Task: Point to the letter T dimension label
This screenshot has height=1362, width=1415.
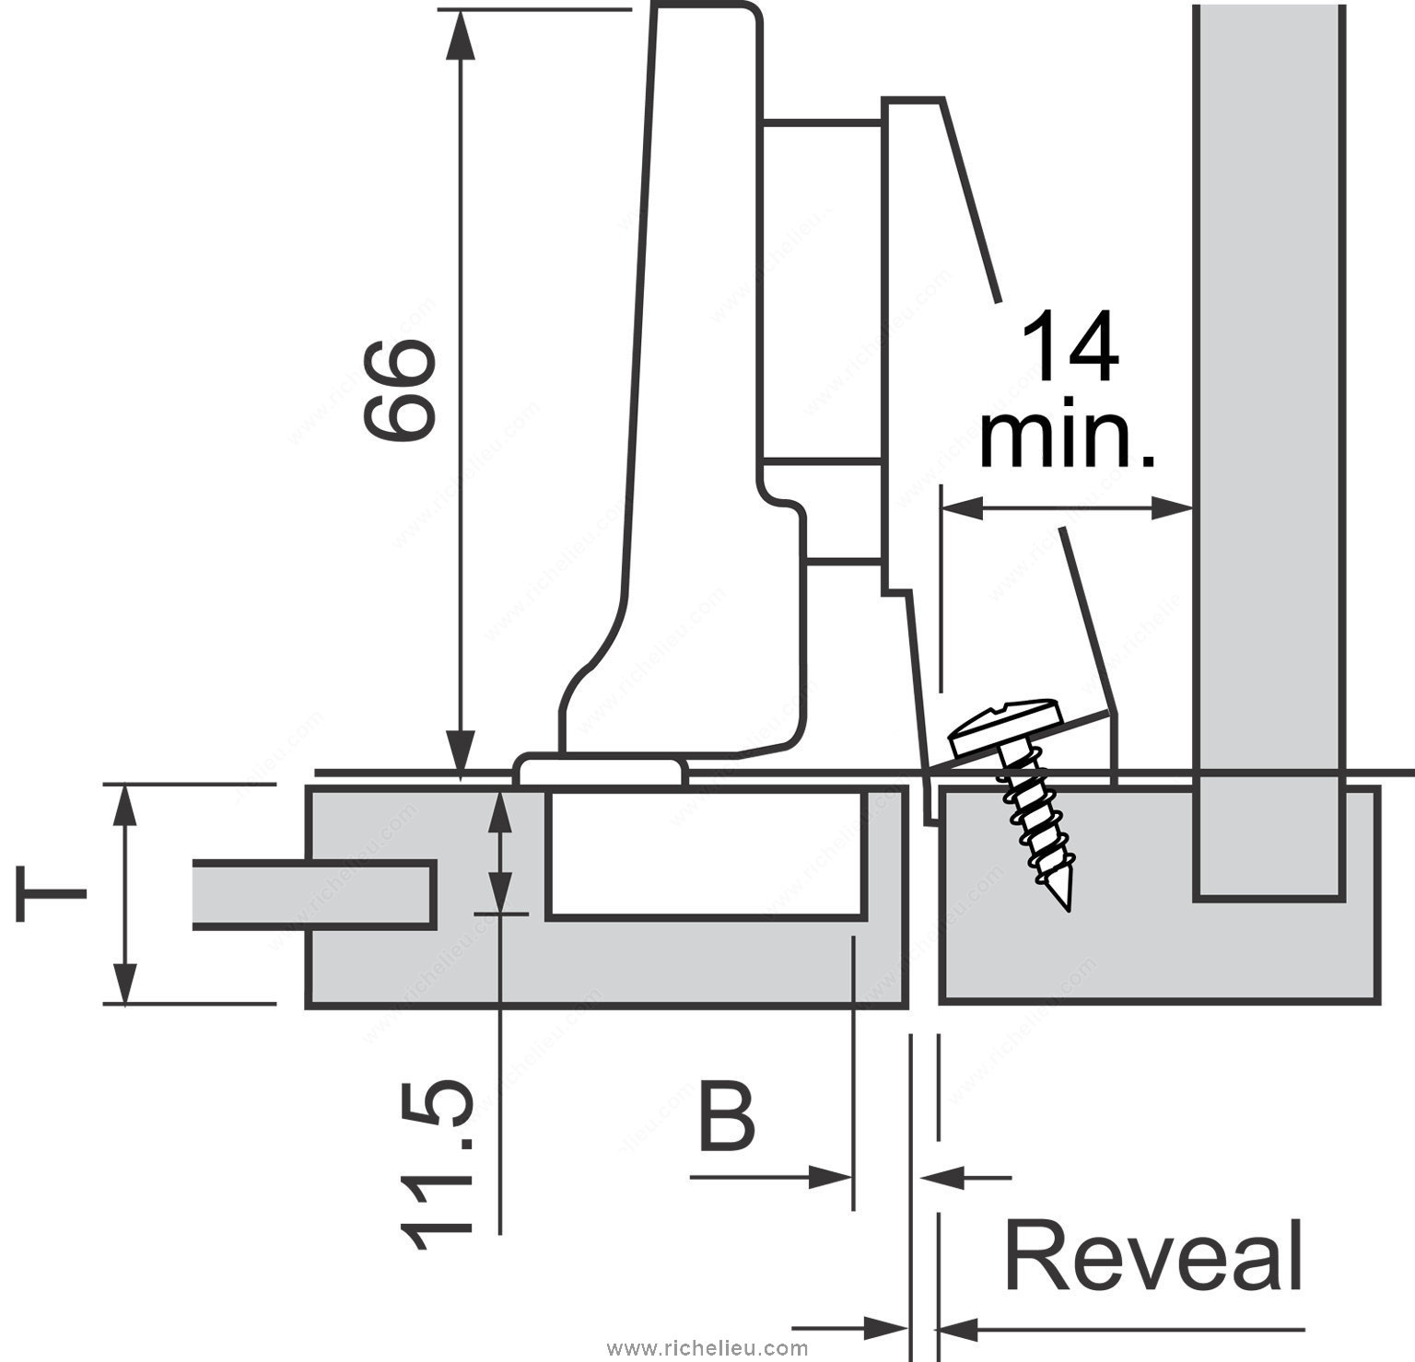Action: (51, 891)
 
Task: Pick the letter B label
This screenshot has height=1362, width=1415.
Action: (727, 1118)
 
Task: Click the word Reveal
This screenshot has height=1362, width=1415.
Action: (1153, 1258)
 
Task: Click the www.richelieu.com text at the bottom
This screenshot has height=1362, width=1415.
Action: (707, 1349)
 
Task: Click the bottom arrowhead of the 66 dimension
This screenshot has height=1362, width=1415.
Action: (461, 751)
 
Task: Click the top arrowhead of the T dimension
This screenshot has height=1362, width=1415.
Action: (125, 804)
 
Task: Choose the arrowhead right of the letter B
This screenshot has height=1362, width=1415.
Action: (831, 1176)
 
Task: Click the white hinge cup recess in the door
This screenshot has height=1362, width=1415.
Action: (705, 852)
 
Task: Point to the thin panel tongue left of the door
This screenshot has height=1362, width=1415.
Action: (313, 893)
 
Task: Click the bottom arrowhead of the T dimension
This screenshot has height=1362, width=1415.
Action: (125, 983)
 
